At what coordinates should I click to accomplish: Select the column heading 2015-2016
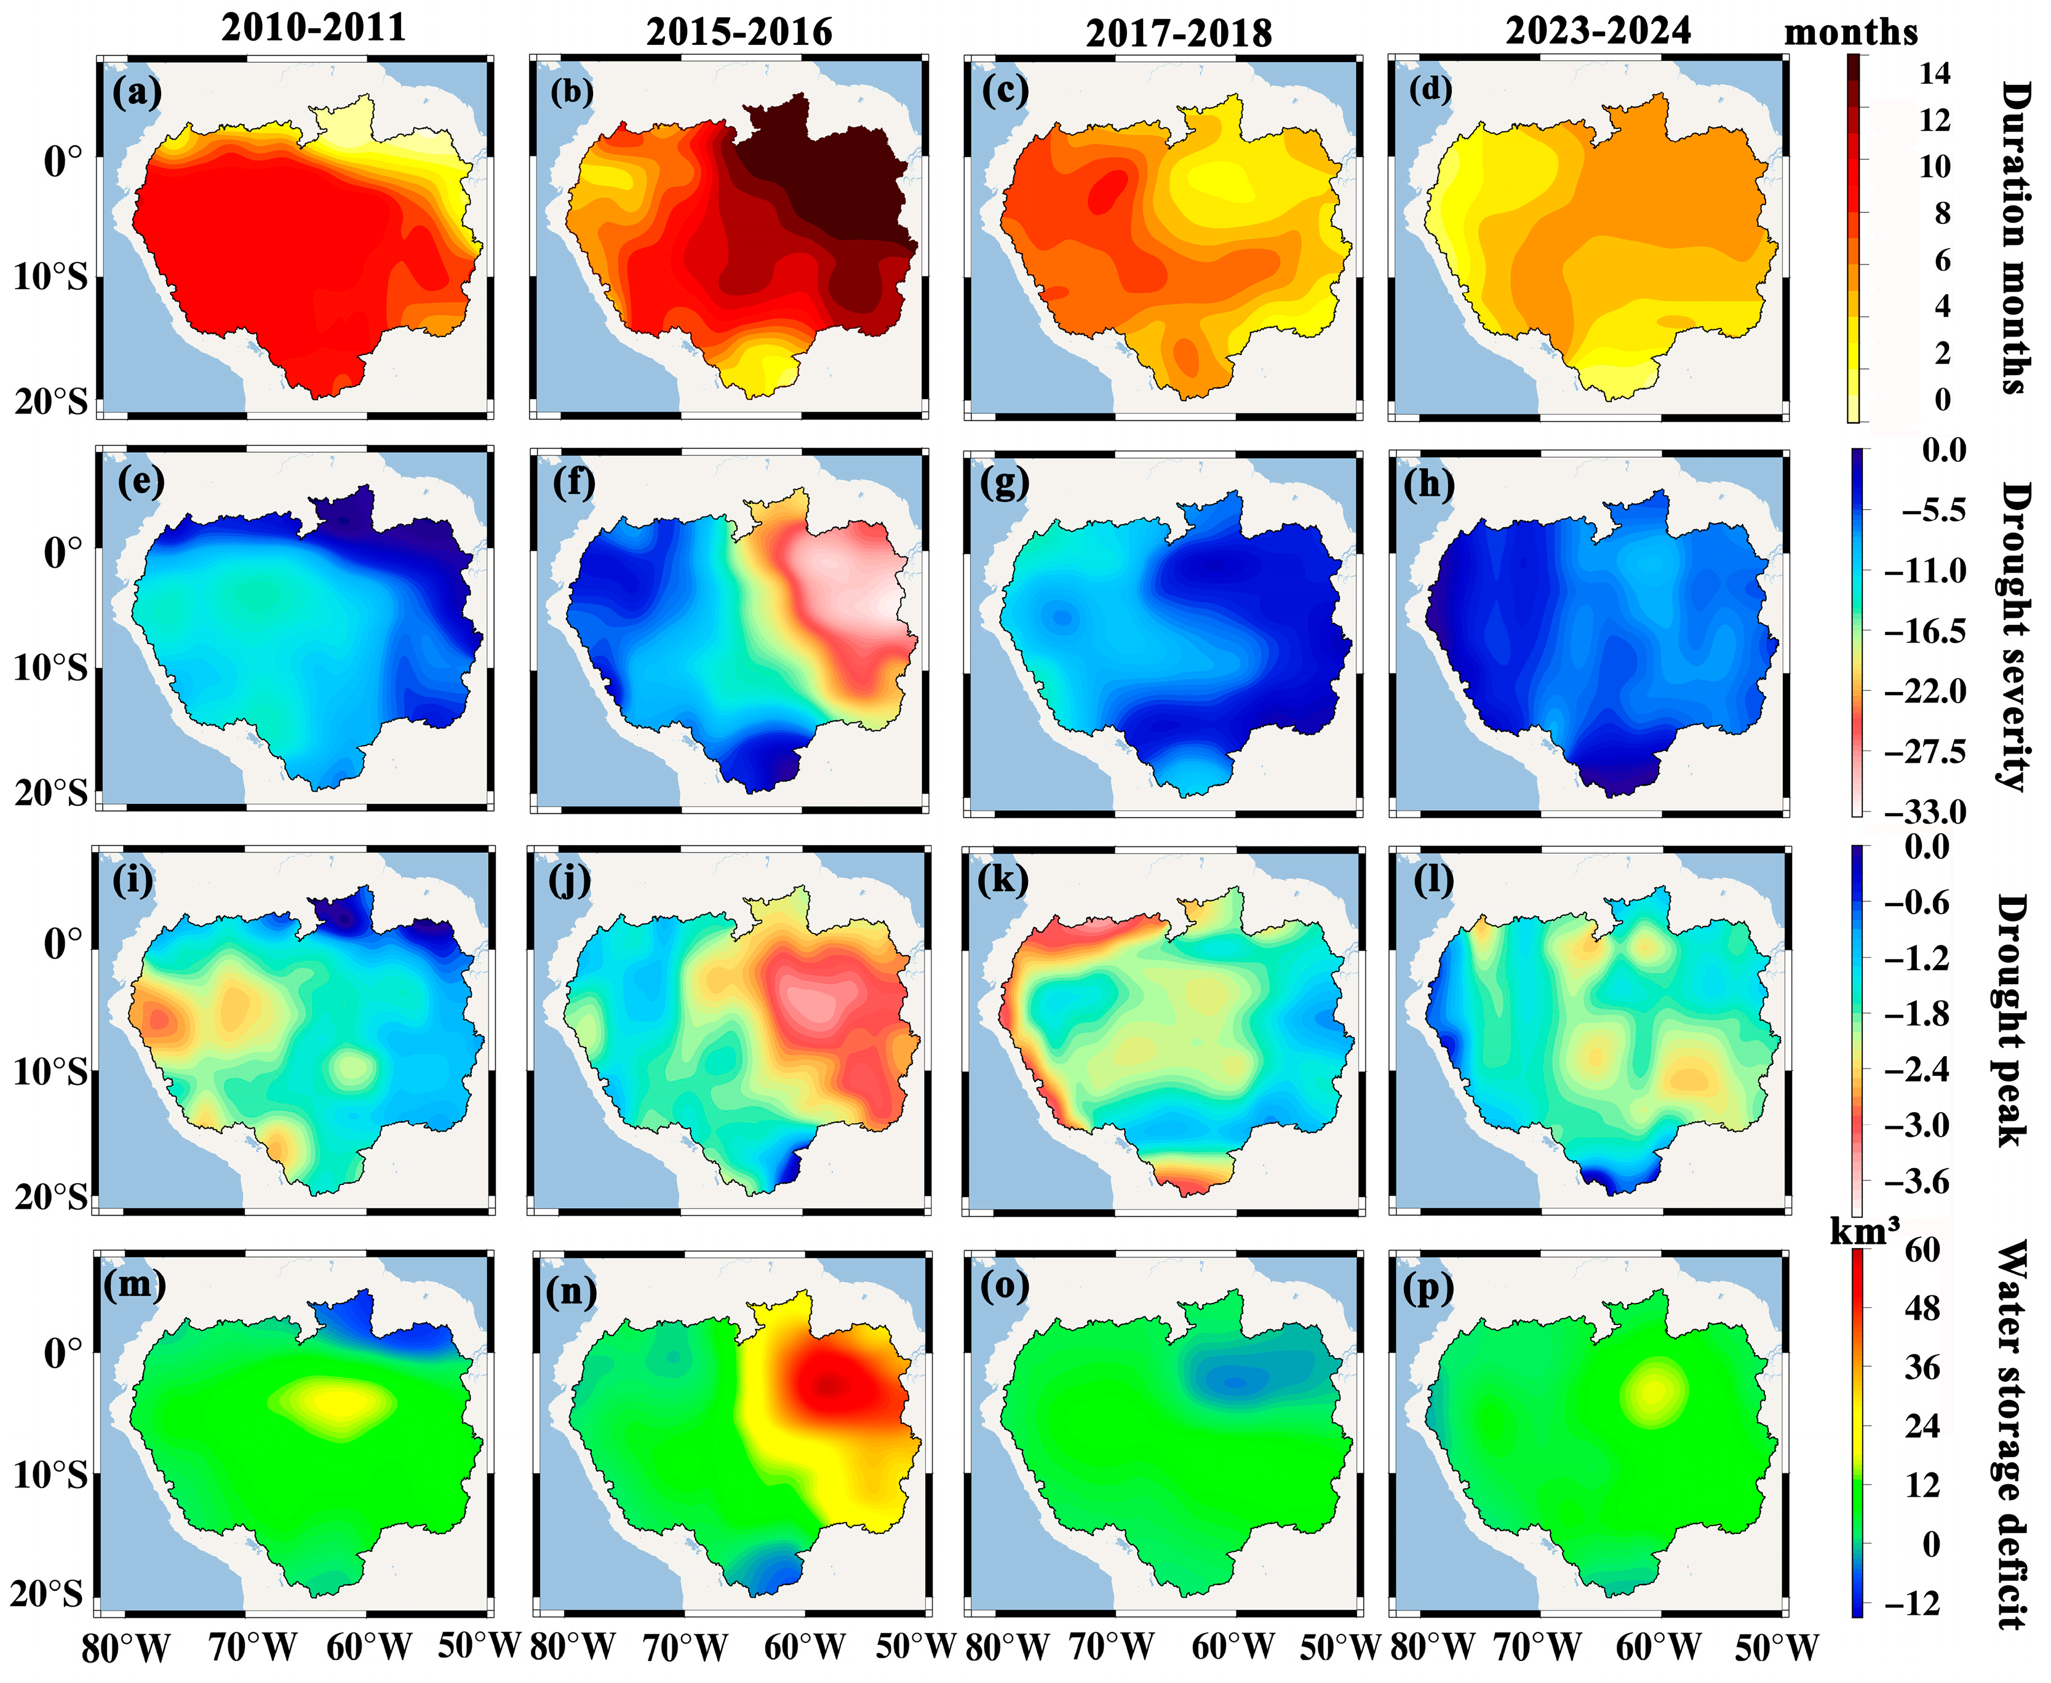[739, 32]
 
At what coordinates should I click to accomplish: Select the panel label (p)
[1428, 1289]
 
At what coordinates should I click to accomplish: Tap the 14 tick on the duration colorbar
[1934, 74]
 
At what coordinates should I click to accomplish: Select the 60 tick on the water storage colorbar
[1922, 1250]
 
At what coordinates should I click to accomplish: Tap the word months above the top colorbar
[1850, 32]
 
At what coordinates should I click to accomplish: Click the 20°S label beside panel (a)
[50, 400]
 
